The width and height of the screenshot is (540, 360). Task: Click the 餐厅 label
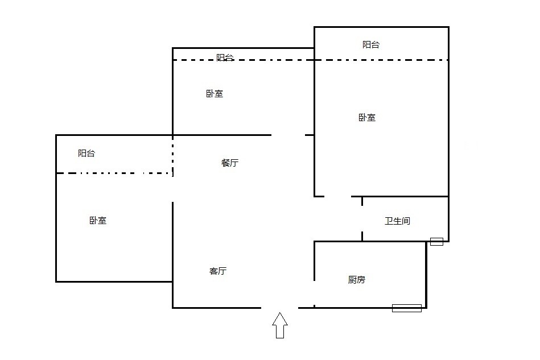[x=229, y=163]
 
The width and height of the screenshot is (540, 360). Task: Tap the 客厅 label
[x=218, y=271]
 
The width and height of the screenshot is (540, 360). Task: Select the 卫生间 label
[x=397, y=221]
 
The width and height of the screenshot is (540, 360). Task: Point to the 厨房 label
[x=357, y=280]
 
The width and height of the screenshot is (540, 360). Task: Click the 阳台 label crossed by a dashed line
[x=225, y=57]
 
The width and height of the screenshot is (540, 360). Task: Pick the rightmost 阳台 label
[x=371, y=44]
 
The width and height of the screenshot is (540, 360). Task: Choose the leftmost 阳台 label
[x=86, y=153]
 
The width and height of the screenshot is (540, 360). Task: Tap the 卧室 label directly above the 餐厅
[x=215, y=94]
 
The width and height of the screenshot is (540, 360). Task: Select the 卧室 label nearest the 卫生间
[x=367, y=118]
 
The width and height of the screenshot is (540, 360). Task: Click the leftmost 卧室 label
[x=98, y=221]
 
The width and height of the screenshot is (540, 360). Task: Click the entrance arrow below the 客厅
[x=279, y=325]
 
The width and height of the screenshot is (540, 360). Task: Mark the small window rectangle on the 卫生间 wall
[x=436, y=241]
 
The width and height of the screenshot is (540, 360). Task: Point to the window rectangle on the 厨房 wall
[x=407, y=308]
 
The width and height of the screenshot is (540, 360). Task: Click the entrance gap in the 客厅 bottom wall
[x=279, y=308]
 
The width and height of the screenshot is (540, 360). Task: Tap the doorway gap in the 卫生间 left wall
[x=362, y=218]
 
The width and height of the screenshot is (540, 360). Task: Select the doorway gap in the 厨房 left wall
[x=314, y=290]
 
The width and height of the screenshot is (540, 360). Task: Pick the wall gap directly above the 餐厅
[x=288, y=135]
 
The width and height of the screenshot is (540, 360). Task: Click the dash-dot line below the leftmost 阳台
[x=114, y=173]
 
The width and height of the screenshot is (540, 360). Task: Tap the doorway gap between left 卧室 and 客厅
[x=172, y=188]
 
